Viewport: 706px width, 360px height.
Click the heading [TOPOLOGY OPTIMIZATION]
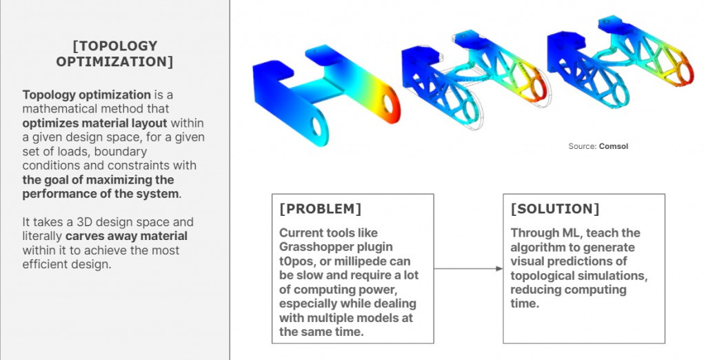coord(114,54)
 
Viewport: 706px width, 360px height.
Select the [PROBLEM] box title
coord(320,209)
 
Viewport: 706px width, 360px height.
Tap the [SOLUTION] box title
coord(555,209)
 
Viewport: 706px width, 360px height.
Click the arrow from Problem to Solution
coord(468,268)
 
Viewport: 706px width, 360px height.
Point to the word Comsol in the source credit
coord(613,146)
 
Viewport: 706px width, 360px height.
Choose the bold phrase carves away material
coord(126,236)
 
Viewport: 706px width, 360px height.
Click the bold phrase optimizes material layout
coord(94,123)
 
